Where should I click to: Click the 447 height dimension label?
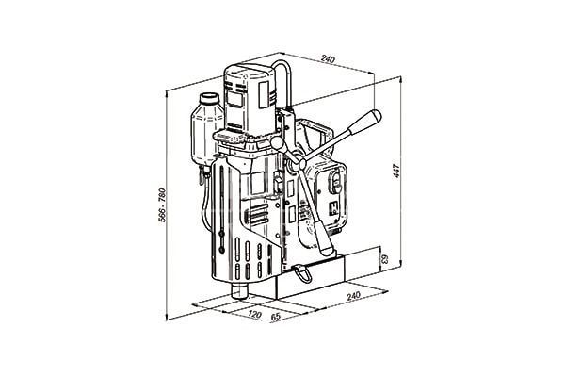click(x=396, y=171)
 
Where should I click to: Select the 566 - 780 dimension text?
click(x=163, y=205)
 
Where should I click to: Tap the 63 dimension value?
click(x=385, y=258)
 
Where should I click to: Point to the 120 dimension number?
click(x=254, y=315)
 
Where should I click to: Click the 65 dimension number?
click(x=275, y=317)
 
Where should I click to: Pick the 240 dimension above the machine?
click(x=328, y=59)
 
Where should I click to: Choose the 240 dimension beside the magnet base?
click(x=353, y=296)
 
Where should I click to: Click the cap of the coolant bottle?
click(x=209, y=98)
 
